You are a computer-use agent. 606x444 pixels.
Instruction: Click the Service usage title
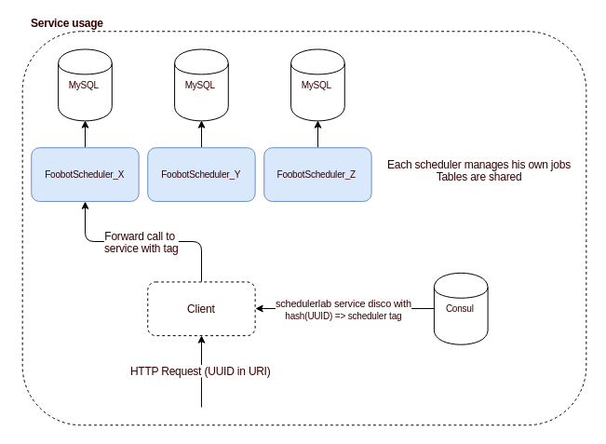click(67, 22)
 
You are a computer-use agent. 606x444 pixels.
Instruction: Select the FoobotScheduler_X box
click(85, 174)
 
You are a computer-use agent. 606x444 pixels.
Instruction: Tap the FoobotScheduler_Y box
click(201, 174)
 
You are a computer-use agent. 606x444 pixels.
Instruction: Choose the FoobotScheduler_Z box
click(316, 174)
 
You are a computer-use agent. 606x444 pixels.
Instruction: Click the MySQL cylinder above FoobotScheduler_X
click(85, 86)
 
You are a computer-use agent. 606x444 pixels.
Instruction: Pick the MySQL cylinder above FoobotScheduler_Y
click(200, 86)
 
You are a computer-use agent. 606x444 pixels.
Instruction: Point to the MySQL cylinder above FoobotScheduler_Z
click(316, 86)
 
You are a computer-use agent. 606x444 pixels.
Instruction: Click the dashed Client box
click(201, 309)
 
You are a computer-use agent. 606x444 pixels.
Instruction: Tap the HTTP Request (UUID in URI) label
click(201, 370)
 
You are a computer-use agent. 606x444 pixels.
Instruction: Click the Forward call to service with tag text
click(140, 242)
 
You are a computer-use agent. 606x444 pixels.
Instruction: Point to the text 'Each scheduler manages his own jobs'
click(478, 164)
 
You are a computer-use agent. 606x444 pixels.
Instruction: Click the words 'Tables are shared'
click(478, 176)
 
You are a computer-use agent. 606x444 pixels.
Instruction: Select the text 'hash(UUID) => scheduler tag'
click(343, 316)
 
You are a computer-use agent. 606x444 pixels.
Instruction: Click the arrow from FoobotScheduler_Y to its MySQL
click(200, 135)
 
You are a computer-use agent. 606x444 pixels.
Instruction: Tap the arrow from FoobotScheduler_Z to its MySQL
click(316, 135)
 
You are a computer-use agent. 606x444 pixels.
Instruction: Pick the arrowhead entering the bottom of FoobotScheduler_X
click(85, 207)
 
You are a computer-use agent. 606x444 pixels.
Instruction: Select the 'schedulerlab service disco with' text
click(343, 303)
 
